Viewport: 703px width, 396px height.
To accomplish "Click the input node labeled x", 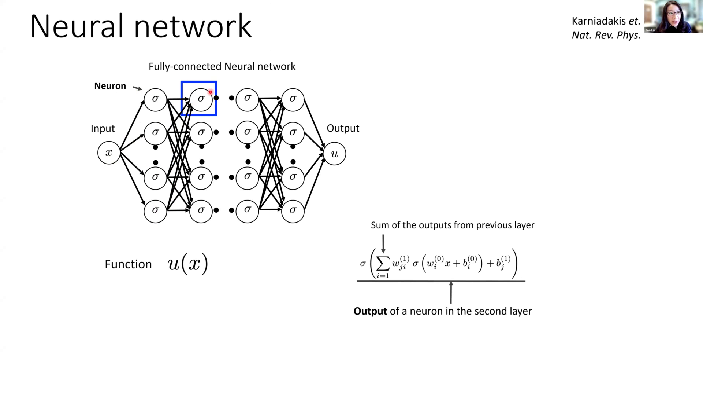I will [109, 153].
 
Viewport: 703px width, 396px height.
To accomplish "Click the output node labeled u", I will [334, 154].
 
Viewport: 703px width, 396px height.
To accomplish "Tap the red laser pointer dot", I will [211, 92].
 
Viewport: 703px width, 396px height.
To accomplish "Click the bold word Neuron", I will [110, 86].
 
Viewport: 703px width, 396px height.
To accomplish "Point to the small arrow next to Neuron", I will [137, 88].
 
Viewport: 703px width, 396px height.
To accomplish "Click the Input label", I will [103, 129].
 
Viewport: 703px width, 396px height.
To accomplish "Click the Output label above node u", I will [343, 128].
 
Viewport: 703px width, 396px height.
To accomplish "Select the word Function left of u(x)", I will [128, 264].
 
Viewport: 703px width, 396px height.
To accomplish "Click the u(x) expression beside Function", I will [188, 263].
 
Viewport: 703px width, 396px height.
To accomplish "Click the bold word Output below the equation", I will [370, 311].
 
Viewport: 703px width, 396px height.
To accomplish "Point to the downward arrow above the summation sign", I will [383, 243].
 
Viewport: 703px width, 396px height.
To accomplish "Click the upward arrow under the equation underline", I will [451, 293].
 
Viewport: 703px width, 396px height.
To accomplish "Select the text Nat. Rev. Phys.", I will [606, 35].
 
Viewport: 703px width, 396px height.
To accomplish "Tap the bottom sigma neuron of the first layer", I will [155, 210].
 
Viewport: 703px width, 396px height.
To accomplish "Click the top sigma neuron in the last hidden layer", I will [293, 99].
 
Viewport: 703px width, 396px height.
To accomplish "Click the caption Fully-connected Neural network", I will [222, 66].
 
